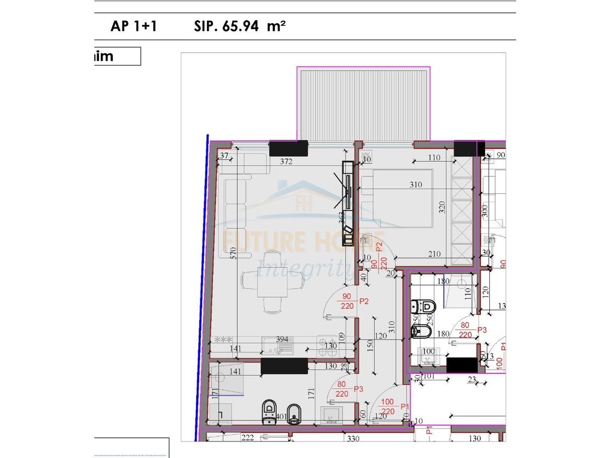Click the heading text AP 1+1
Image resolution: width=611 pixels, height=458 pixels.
(134, 26)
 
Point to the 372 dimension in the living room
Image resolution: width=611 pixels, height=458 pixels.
(289, 162)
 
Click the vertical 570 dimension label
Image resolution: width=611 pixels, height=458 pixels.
(234, 253)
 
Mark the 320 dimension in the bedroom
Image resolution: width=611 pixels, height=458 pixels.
(442, 208)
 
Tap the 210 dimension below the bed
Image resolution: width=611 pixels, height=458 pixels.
(434, 255)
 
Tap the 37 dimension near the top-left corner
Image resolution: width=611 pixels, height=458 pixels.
(224, 156)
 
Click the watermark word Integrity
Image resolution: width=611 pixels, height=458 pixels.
(304, 268)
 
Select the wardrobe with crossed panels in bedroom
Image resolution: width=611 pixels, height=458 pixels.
(462, 209)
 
